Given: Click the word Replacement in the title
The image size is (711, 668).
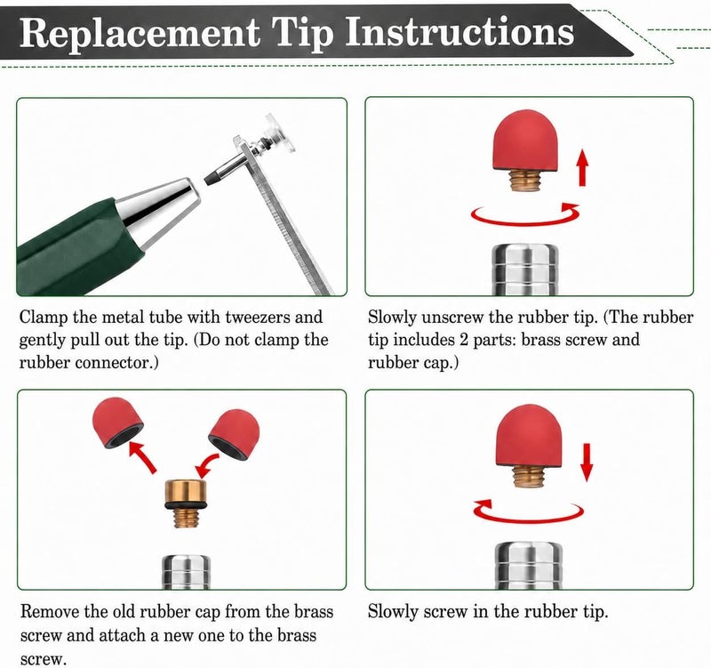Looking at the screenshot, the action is pyautogui.click(x=140, y=33).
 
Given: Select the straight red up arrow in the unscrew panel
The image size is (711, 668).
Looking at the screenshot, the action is pyautogui.click(x=583, y=168).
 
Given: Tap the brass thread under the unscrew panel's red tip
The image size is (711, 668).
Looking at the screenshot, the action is pyautogui.click(x=524, y=180).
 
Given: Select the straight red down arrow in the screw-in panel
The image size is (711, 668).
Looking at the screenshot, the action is pyautogui.click(x=587, y=462).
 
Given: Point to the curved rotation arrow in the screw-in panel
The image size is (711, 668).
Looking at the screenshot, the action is pyautogui.click(x=528, y=511).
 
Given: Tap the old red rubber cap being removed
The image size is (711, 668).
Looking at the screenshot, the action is pyautogui.click(x=117, y=422).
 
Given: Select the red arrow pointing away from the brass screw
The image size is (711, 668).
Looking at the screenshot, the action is pyautogui.click(x=142, y=457).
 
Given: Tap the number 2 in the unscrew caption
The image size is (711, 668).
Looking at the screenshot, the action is pyautogui.click(x=463, y=340).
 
